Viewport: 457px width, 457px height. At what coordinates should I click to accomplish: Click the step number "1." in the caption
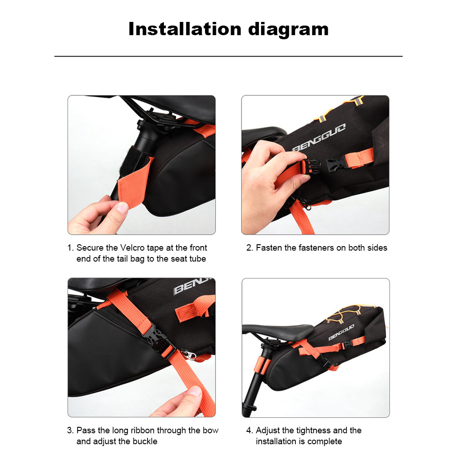(x=71, y=248)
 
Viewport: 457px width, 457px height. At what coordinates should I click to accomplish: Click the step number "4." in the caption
(x=250, y=431)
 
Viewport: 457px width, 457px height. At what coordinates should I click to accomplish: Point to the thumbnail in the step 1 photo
(x=122, y=208)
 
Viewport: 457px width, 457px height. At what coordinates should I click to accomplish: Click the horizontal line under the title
(x=228, y=56)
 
